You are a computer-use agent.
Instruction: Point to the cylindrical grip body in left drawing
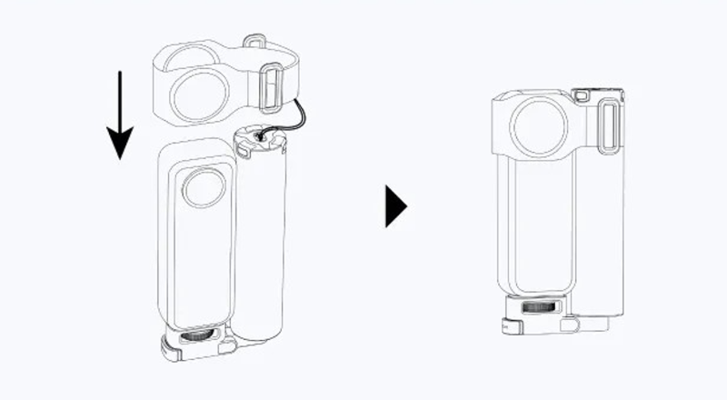click(264, 236)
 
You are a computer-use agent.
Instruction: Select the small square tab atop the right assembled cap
click(582, 93)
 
